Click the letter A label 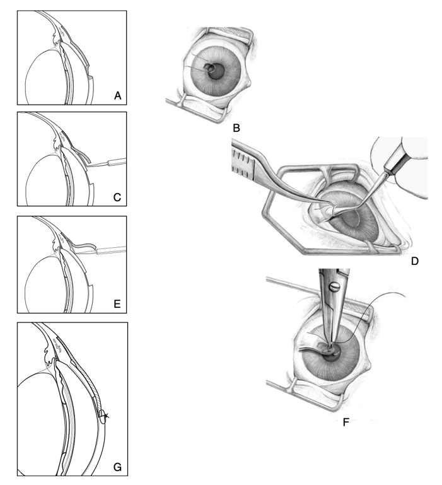(117, 96)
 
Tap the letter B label (236, 129)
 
